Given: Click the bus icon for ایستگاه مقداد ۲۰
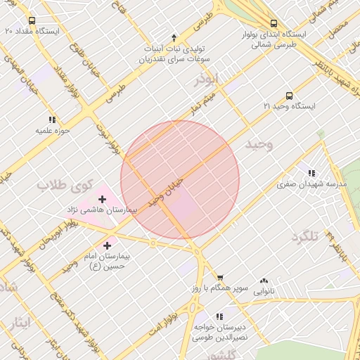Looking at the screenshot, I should point(32,20).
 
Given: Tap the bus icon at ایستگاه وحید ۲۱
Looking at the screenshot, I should point(289,96).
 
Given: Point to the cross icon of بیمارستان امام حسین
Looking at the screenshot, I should point(107,245).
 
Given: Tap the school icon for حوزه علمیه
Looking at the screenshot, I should point(51,120).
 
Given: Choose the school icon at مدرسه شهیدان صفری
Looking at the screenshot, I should point(311,173).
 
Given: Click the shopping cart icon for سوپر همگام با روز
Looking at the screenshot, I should point(220,278).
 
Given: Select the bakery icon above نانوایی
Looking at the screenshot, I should point(264,281).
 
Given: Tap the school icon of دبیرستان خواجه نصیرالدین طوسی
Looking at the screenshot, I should point(219,317).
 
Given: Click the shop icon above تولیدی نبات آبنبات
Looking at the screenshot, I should point(174,37).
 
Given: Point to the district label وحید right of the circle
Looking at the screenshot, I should point(258,144).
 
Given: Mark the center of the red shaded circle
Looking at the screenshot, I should point(180,180).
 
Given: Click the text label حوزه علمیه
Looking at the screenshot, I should point(53,131).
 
